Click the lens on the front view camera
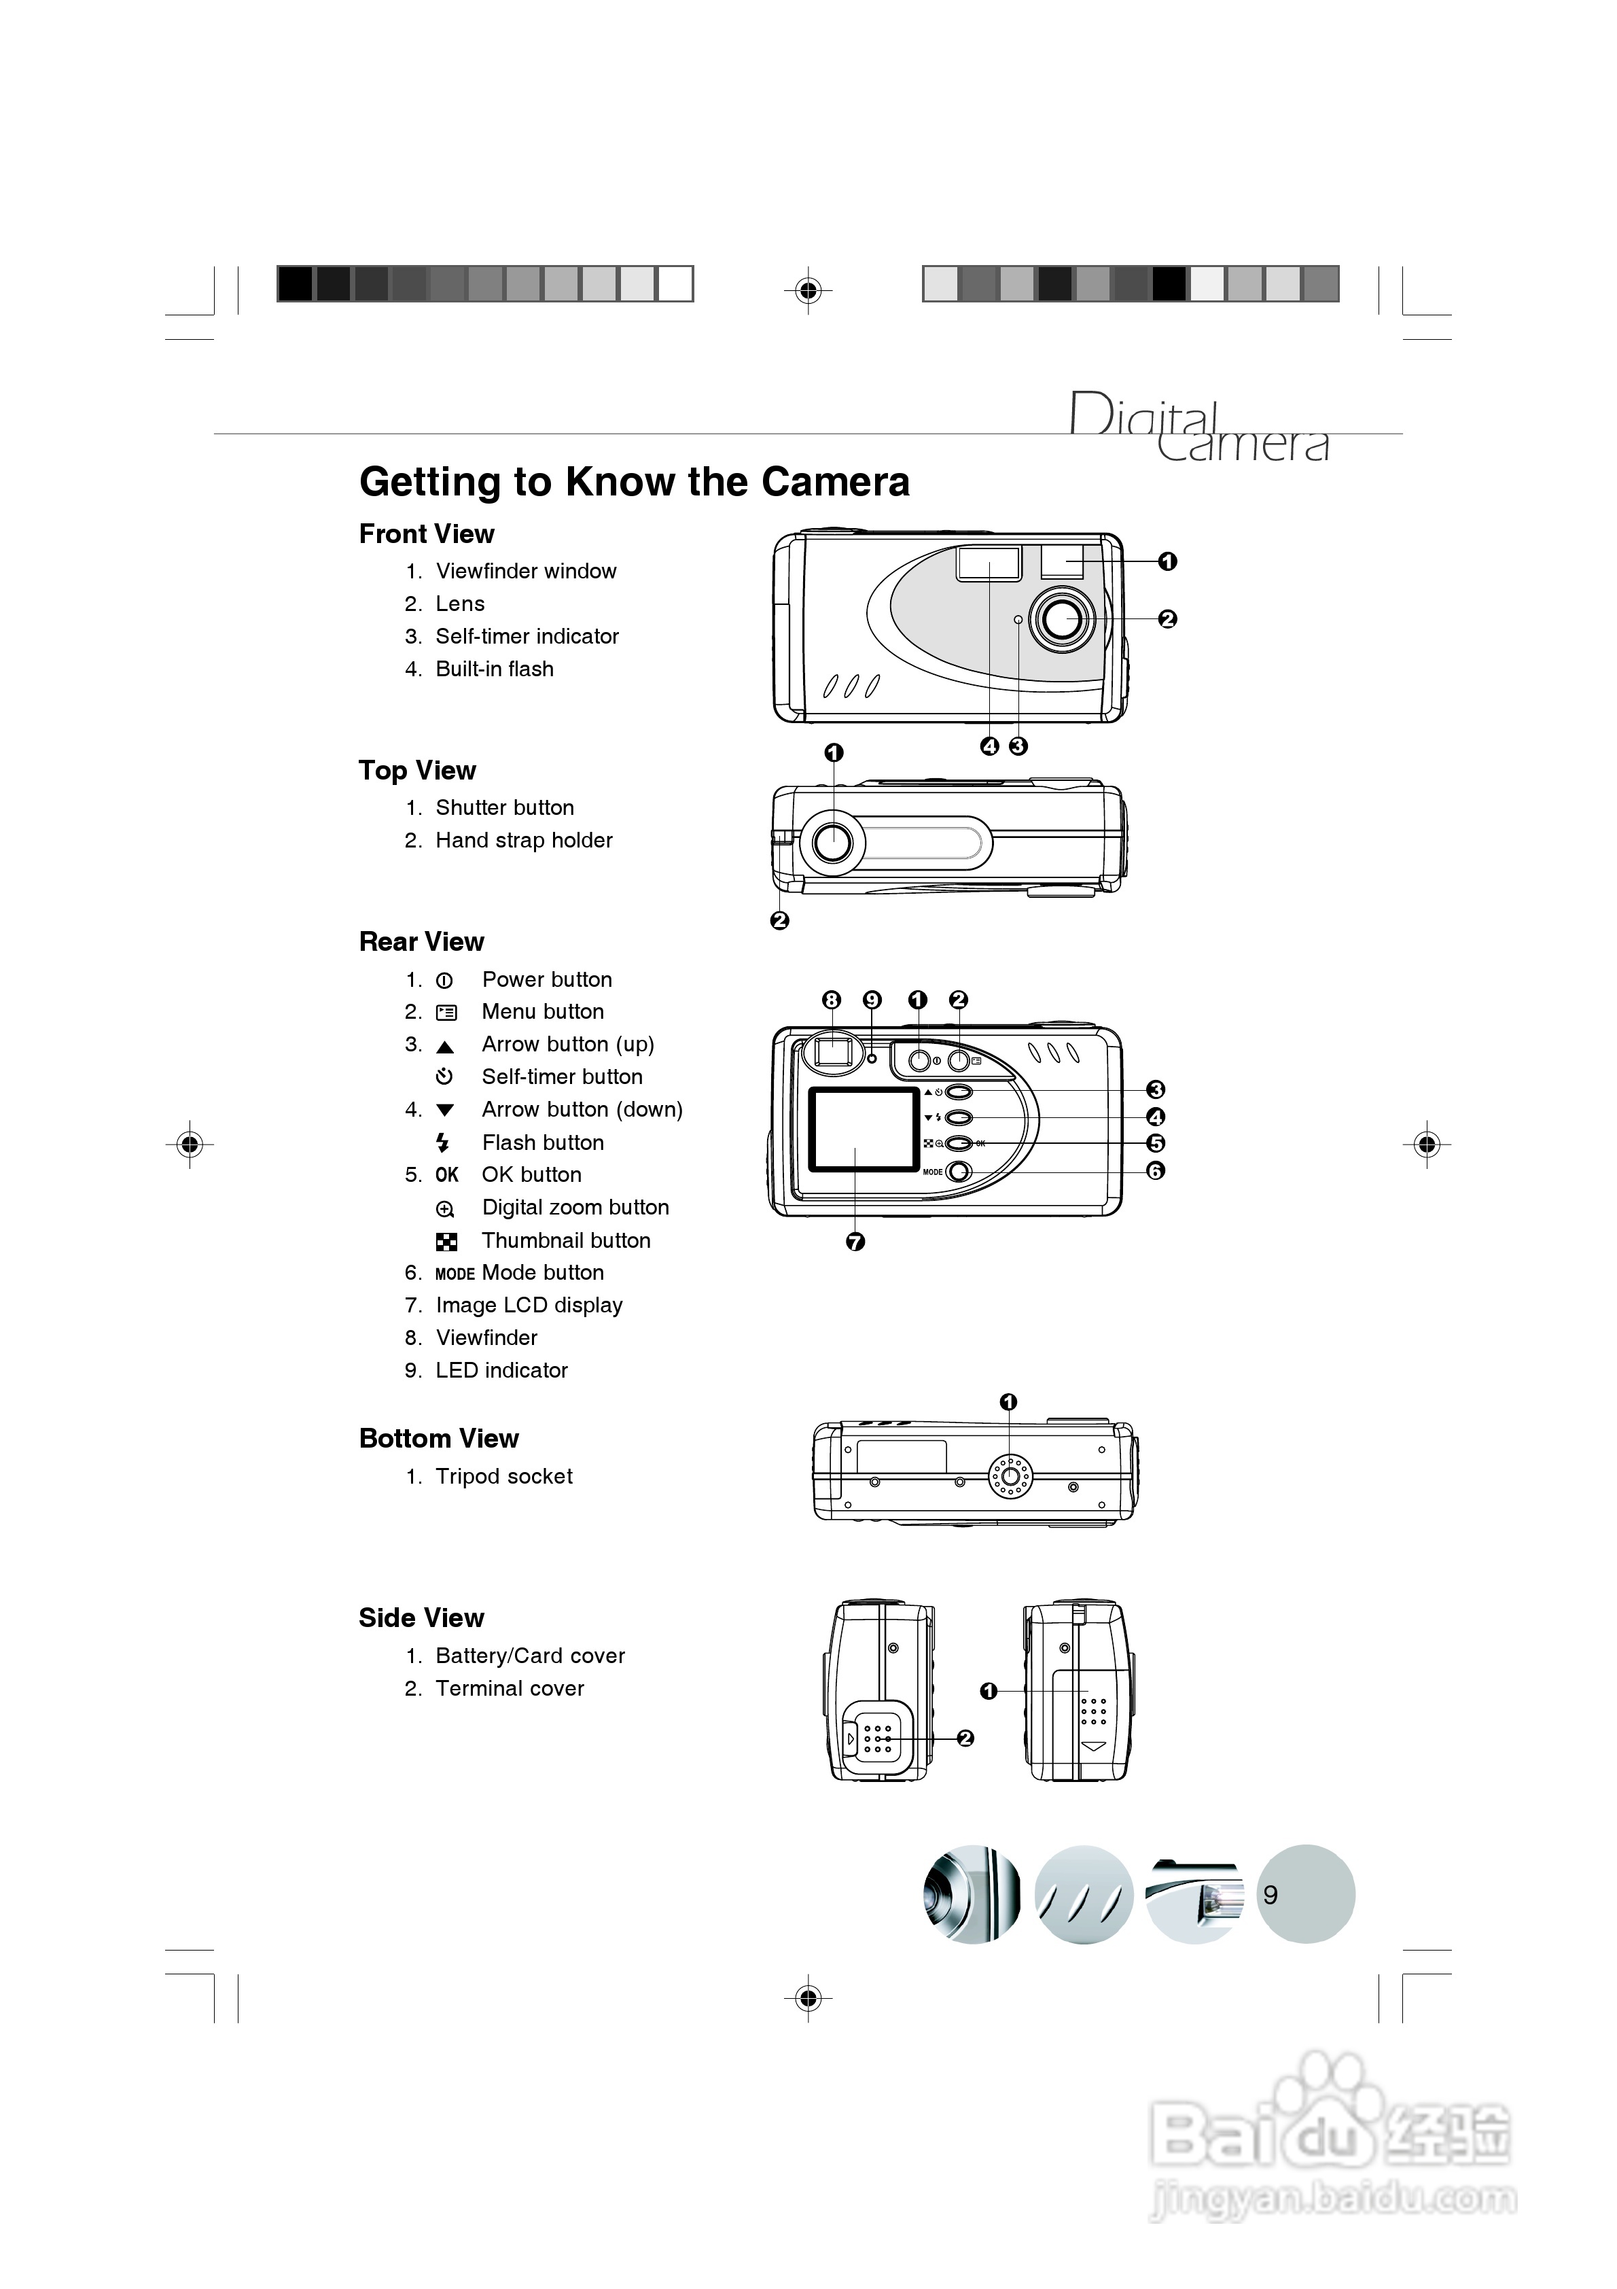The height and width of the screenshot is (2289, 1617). tap(1060, 619)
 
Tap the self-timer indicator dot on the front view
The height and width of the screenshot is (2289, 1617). tap(1018, 620)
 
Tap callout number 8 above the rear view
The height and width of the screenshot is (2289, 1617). tap(832, 1000)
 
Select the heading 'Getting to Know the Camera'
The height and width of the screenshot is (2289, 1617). tap(634, 482)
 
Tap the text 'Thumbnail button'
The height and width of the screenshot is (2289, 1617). tap(565, 1240)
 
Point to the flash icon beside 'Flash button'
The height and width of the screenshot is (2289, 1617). tap(444, 1142)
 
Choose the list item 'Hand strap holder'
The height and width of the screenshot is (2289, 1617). tap(523, 841)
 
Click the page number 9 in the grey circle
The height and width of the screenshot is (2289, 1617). tap(1270, 1894)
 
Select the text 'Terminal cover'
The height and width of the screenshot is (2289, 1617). tap(510, 1688)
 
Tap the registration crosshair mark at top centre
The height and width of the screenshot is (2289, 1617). tap(808, 290)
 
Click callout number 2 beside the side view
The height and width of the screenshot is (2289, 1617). tap(965, 1738)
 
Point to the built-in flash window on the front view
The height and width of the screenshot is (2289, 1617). tap(989, 563)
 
